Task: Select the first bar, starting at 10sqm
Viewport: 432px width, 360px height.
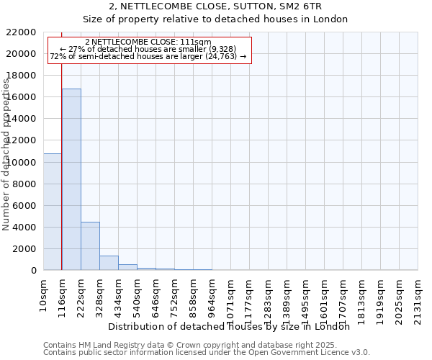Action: (53, 212)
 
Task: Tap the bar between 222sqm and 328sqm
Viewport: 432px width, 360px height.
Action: (90, 246)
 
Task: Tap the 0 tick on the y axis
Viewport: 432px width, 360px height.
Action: (34, 271)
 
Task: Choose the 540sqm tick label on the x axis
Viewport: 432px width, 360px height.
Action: (138, 294)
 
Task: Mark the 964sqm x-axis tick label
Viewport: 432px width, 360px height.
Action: (212, 294)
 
